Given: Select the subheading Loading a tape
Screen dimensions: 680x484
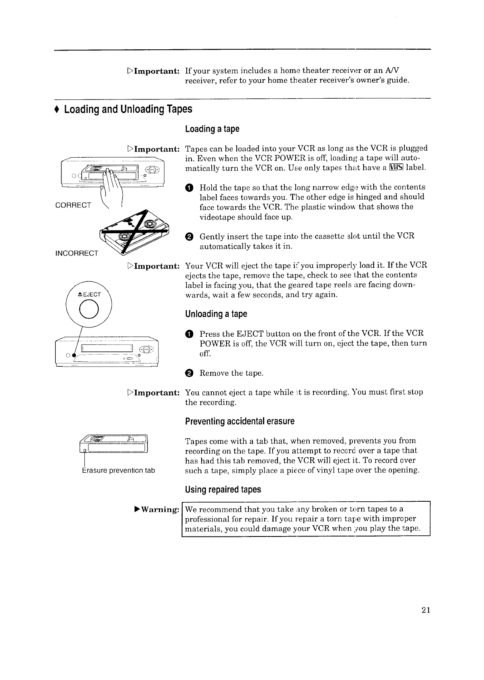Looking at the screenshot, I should [212, 129].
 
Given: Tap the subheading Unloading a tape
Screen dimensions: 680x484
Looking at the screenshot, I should [216, 314].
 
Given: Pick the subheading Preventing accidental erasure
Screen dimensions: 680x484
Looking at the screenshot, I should [240, 421].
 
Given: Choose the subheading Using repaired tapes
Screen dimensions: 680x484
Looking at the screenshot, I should [223, 490].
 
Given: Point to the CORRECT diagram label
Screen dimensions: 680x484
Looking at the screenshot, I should [73, 205].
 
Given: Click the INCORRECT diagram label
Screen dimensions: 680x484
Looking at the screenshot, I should [77, 253].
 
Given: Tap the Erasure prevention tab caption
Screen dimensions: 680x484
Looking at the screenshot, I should [118, 471].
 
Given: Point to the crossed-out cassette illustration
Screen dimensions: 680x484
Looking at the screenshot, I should [136, 236].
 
